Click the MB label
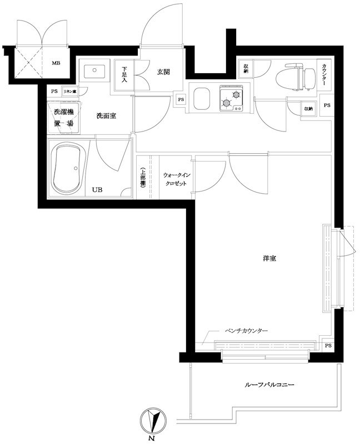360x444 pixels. pyautogui.click(x=56, y=63)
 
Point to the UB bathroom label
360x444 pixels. pyautogui.click(x=97, y=190)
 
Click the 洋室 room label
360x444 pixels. pyautogui.click(x=271, y=259)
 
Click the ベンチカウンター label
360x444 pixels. pyautogui.click(x=246, y=331)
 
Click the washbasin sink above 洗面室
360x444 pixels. pyautogui.click(x=96, y=71)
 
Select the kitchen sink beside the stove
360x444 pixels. pyautogui.click(x=200, y=99)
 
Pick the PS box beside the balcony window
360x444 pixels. pyautogui.click(x=328, y=345)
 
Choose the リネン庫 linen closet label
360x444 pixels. pyautogui.click(x=69, y=91)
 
